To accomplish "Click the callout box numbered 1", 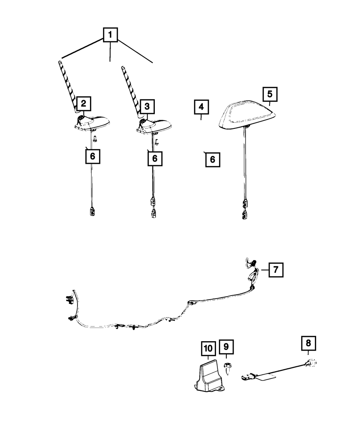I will (110, 35).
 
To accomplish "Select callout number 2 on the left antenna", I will (83, 104).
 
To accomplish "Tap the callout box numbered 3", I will (147, 106).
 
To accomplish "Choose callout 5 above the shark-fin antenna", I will (270, 94).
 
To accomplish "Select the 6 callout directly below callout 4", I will (212, 159).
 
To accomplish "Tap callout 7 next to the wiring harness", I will (275, 270).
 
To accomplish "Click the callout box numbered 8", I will (308, 343).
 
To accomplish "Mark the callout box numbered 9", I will (226, 346).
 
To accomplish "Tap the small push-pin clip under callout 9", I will (226, 368).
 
